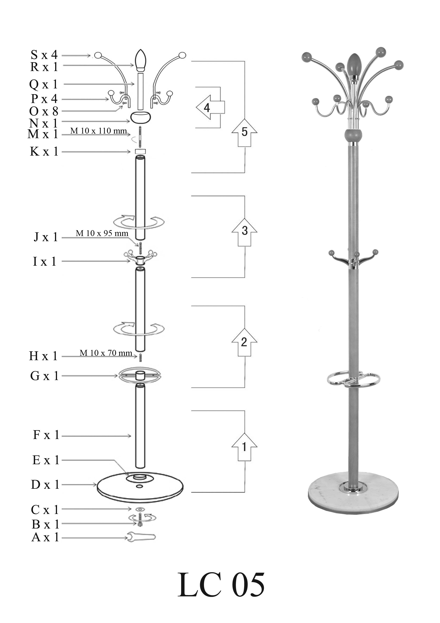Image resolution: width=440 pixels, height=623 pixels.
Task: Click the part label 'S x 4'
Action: point(44,55)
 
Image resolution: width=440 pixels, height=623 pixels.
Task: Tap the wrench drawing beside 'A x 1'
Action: point(141,537)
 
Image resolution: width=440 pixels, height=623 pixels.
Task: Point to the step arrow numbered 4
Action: point(210,107)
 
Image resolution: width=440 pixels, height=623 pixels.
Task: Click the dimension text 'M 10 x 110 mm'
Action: point(98,131)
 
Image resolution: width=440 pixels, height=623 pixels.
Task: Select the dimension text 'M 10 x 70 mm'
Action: point(106,353)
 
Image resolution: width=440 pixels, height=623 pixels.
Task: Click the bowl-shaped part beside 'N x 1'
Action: point(141,117)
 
